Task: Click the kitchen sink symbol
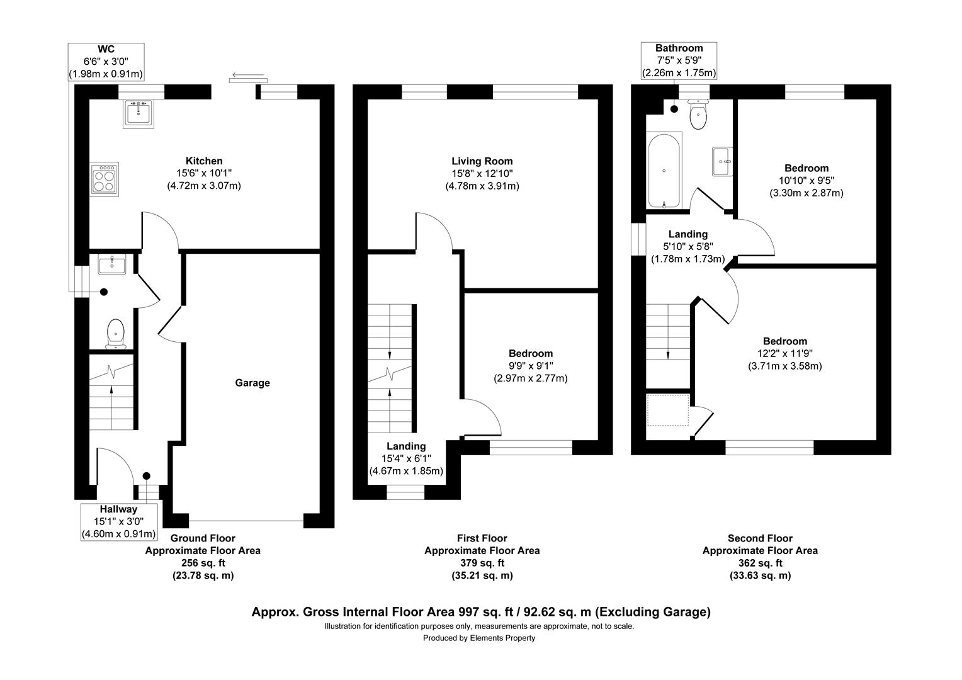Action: (x=138, y=113)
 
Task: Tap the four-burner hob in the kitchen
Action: (x=104, y=179)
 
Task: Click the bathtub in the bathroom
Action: (x=664, y=170)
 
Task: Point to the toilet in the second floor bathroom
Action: (x=698, y=115)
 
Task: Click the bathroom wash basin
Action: (x=722, y=161)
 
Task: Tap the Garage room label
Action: (x=252, y=383)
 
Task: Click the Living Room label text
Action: (x=482, y=161)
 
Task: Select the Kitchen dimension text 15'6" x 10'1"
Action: (x=203, y=173)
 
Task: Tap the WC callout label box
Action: (x=106, y=61)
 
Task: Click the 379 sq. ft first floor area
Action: (x=482, y=563)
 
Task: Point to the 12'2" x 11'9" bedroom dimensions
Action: (x=784, y=354)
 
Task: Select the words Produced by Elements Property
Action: (x=479, y=638)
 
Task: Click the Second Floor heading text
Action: (x=760, y=538)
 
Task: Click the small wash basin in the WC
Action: (x=112, y=264)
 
